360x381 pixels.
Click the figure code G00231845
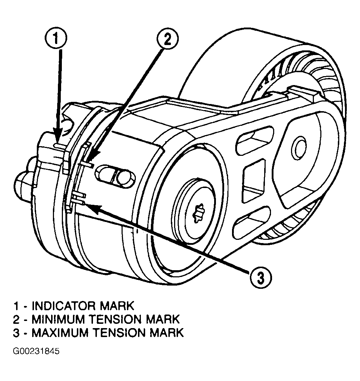click(36, 351)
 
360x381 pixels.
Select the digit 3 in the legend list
click(16, 332)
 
